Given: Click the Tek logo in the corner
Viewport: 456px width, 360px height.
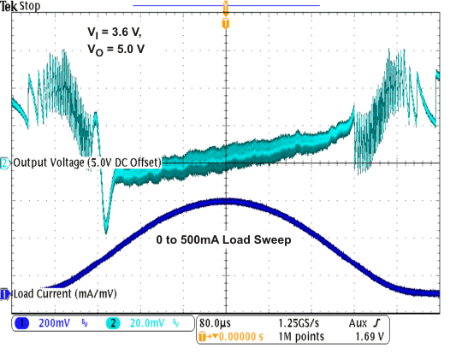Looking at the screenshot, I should pyautogui.click(x=9, y=7).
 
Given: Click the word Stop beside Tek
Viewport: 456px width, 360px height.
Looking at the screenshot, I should pyautogui.click(x=29, y=7).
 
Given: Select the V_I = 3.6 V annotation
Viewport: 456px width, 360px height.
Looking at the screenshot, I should pyautogui.click(x=116, y=32).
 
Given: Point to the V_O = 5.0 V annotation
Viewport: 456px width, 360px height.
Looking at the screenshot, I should pyautogui.click(x=118, y=50).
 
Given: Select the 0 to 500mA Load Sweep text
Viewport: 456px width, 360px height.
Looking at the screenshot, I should pyautogui.click(x=223, y=241).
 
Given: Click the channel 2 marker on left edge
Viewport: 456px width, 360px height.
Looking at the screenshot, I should pyautogui.click(x=4, y=162).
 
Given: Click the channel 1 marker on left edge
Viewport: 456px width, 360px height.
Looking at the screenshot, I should pyautogui.click(x=4, y=293).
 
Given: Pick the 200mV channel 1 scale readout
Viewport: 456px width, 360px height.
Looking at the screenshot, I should pyautogui.click(x=56, y=324).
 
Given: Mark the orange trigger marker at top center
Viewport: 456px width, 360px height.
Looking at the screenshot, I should pyautogui.click(x=225, y=24).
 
